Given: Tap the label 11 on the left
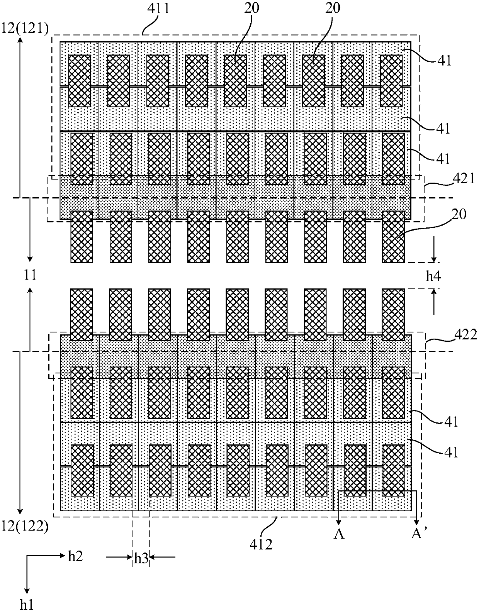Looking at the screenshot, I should coord(30,275).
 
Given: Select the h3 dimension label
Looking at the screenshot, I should coord(141,559).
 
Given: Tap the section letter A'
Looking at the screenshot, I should coord(418,534).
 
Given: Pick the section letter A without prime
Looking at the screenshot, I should coord(339,534).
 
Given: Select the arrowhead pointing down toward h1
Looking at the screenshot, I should coord(27,590).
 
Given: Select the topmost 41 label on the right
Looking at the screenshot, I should coord(445,60).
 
